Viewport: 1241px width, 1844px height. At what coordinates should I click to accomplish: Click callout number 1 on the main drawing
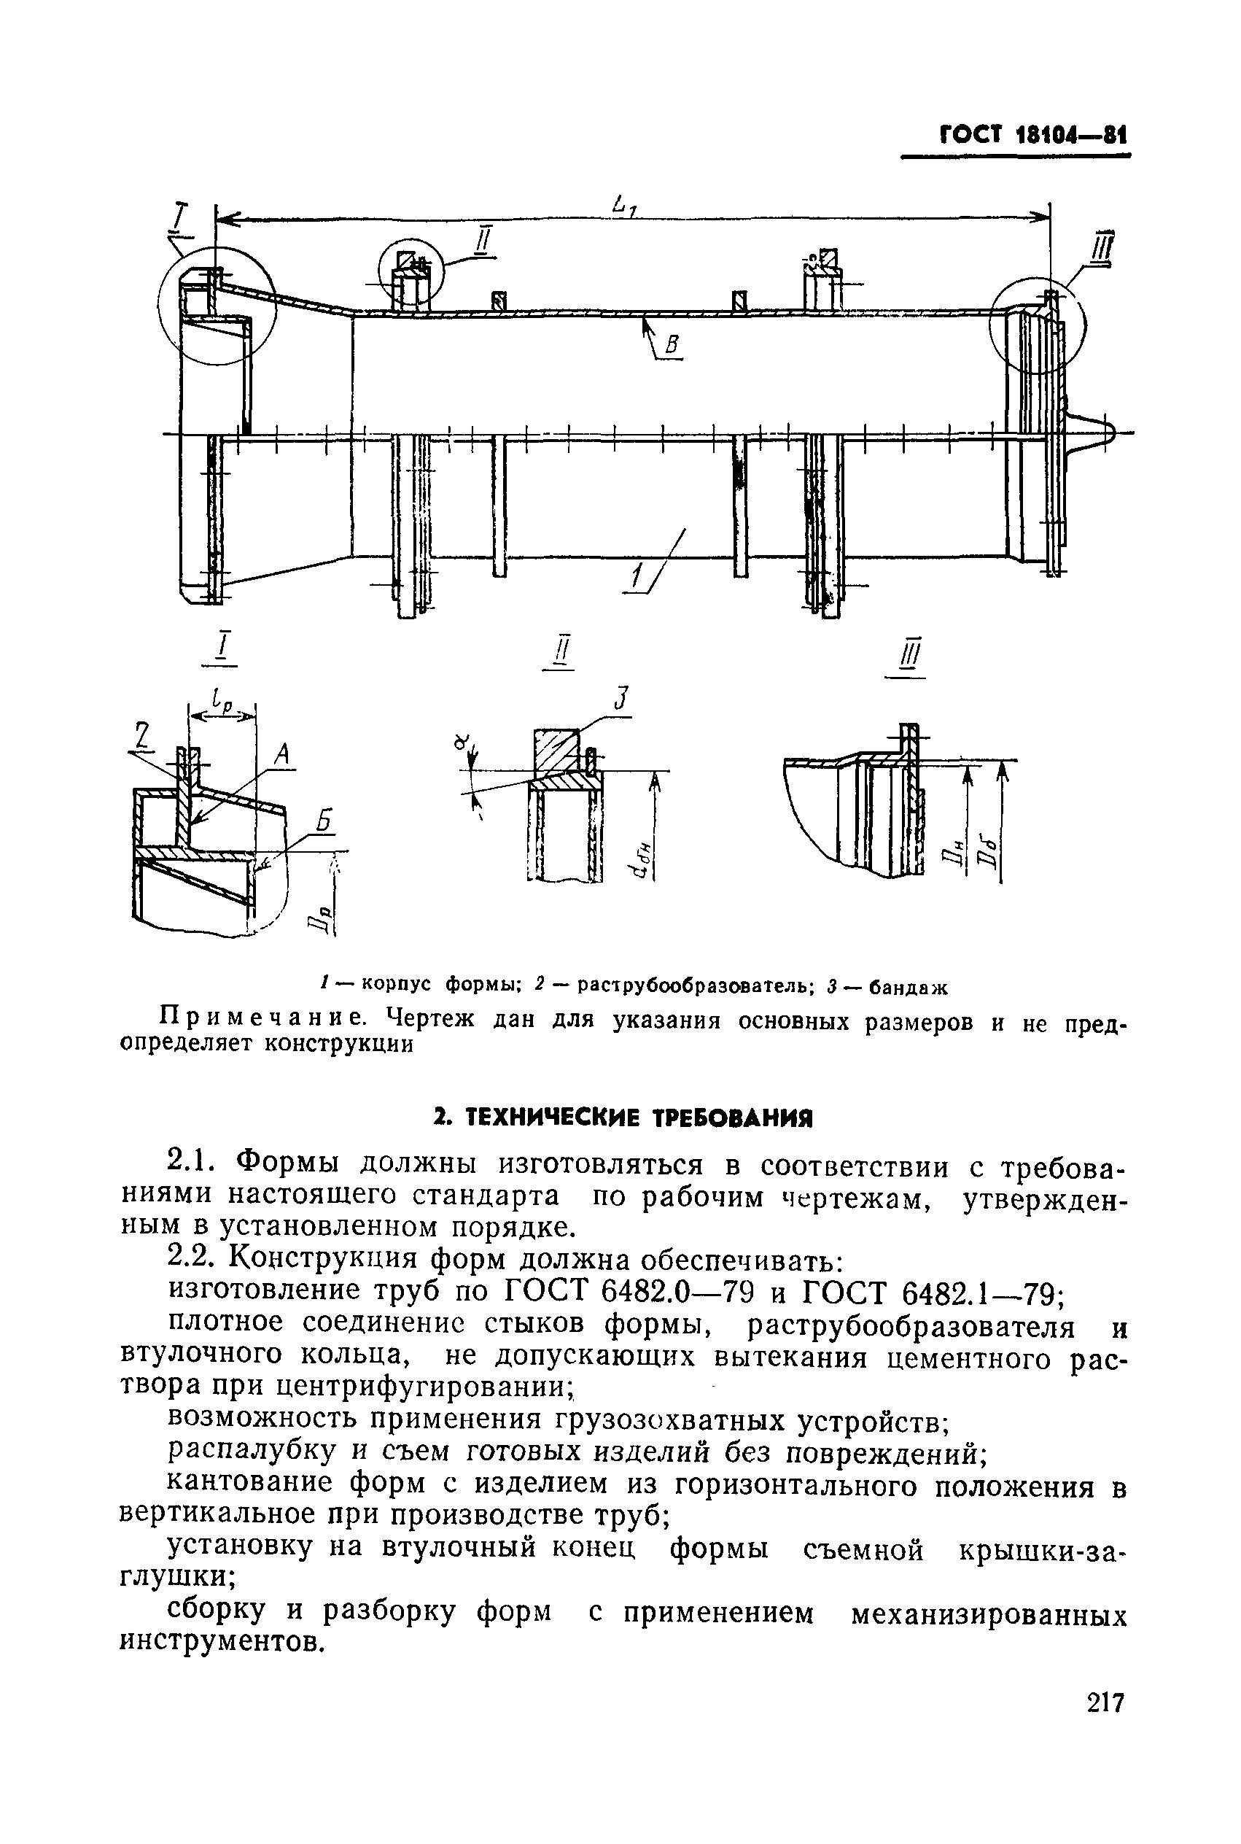[635, 581]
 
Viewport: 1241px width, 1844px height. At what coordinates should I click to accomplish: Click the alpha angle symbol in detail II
[462, 742]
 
